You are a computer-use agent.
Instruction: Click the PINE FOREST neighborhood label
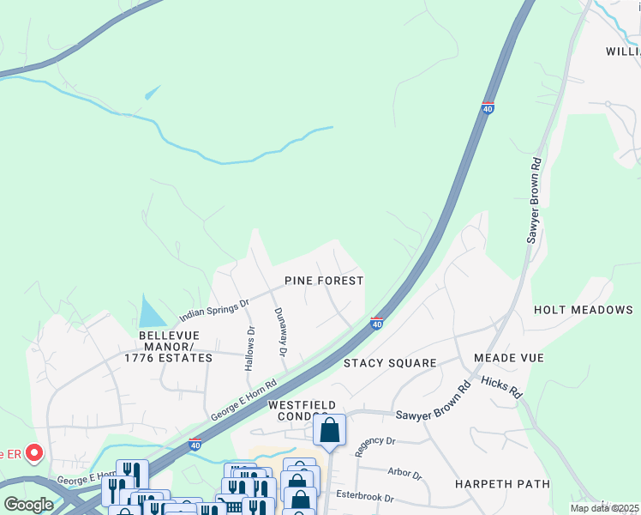pos(324,281)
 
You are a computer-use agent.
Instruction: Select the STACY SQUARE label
pos(390,363)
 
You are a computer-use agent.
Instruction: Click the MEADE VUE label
pos(508,357)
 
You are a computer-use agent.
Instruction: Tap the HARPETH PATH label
pos(502,484)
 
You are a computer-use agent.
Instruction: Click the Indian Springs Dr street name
pos(214,309)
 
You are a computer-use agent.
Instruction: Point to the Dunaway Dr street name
pos(280,332)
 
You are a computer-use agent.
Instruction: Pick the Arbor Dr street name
pos(405,474)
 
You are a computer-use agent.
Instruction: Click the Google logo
pos(28,505)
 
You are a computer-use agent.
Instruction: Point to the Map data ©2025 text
pos(605,508)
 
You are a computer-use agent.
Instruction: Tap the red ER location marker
pos(34,452)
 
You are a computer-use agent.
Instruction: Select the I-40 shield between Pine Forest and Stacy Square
pos(376,323)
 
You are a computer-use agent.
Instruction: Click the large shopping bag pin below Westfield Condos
pos(329,430)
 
